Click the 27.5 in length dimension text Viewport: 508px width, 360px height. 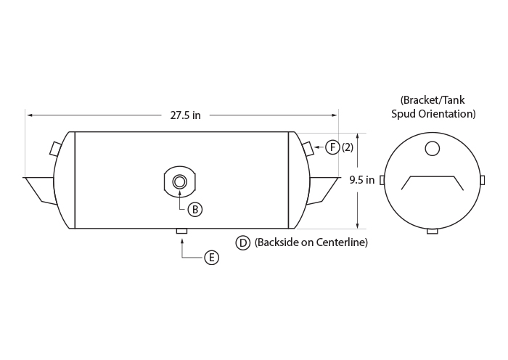point(185,115)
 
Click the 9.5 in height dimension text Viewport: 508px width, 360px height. point(362,180)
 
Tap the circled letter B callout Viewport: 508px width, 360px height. point(195,210)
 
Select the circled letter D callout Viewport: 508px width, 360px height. point(242,242)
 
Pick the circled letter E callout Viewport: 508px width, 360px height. point(212,258)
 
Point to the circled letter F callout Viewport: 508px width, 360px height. point(332,147)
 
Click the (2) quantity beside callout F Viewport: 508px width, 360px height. point(348,147)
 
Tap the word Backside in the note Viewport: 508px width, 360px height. point(277,242)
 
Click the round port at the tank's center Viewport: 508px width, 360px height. point(179,181)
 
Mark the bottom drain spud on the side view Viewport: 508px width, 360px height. point(181,231)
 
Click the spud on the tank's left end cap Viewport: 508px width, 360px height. point(55,148)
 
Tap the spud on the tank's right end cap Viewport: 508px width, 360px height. point(308,148)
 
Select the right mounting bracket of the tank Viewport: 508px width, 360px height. point(323,191)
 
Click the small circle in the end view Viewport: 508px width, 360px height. point(433,148)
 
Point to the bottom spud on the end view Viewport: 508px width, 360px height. point(433,232)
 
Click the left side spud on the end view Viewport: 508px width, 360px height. point(382,180)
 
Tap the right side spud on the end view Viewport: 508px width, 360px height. point(483,180)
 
